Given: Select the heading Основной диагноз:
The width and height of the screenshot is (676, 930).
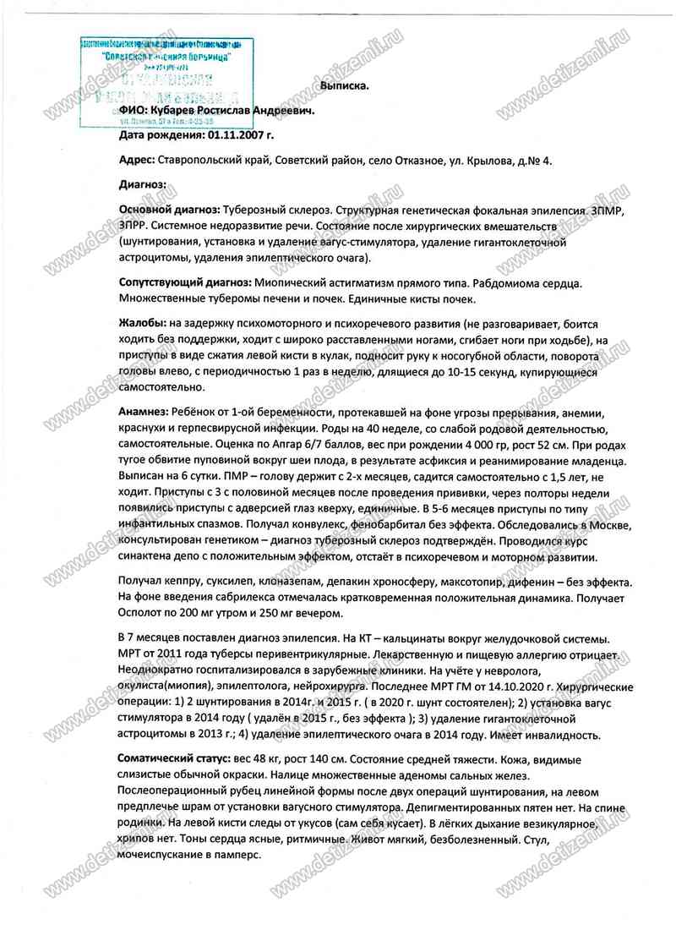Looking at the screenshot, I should click(169, 208).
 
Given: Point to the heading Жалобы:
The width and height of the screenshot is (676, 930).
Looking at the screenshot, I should click(142, 323).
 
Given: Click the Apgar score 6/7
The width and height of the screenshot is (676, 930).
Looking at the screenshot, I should click(311, 446).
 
